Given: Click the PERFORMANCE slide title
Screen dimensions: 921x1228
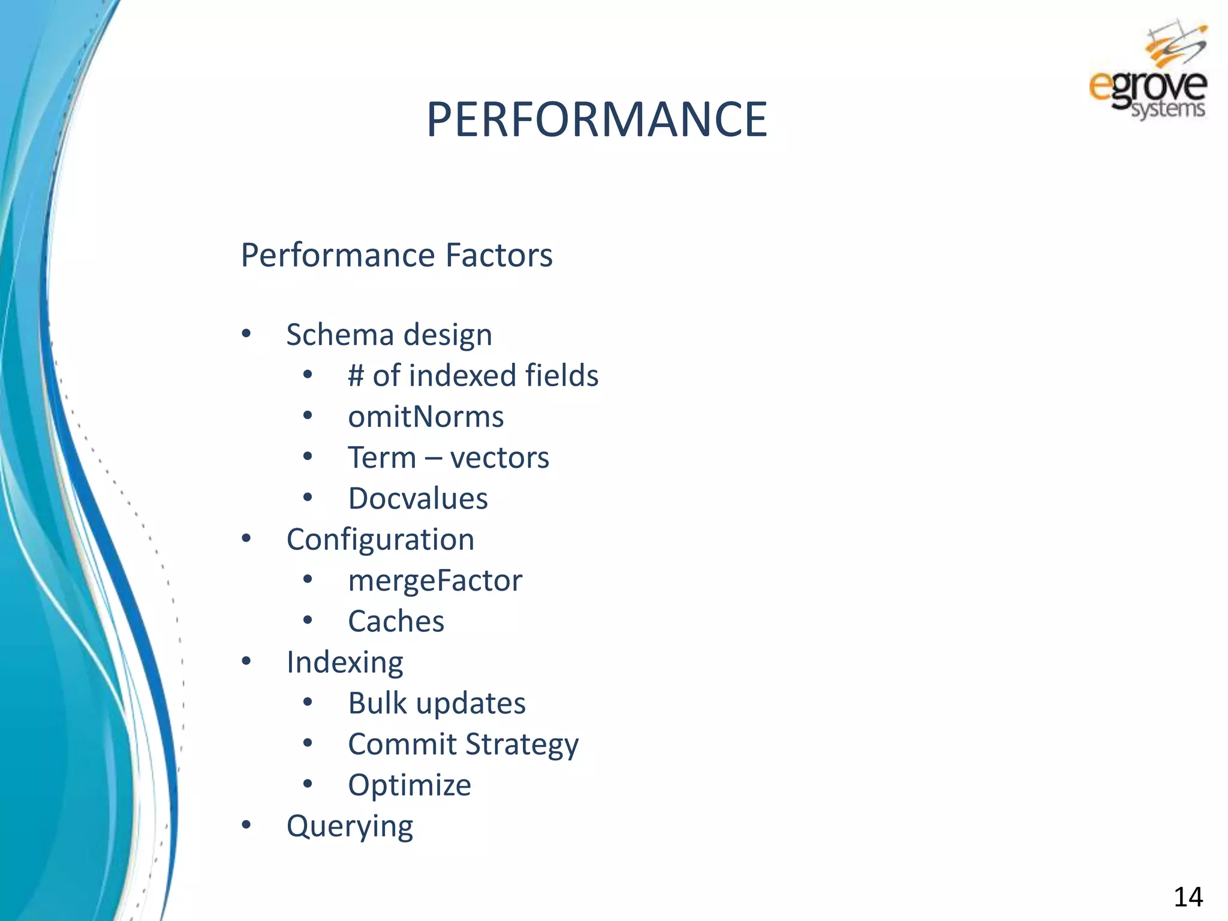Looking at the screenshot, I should click(x=597, y=119).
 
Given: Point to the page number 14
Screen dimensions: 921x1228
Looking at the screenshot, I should click(x=1187, y=897).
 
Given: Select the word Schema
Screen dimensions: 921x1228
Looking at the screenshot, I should click(x=340, y=335).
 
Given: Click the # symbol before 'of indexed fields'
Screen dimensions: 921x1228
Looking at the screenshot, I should click(x=356, y=376).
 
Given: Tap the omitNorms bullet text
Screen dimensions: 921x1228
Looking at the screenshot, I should click(x=426, y=417).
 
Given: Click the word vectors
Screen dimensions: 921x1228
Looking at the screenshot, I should click(x=499, y=458).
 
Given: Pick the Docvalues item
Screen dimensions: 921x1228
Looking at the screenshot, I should click(x=418, y=498).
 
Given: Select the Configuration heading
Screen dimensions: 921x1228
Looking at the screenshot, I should click(x=380, y=540).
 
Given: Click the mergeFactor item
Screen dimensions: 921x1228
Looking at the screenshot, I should click(x=435, y=580).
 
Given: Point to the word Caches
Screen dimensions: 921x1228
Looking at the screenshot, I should click(x=396, y=621).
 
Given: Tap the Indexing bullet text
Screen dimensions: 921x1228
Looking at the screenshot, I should click(x=345, y=663).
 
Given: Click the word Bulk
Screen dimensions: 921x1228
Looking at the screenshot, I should click(x=377, y=703).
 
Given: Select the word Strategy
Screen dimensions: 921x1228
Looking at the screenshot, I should click(x=522, y=745).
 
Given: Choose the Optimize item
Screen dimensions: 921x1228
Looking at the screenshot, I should click(x=410, y=785).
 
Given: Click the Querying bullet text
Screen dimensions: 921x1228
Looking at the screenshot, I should click(x=350, y=826).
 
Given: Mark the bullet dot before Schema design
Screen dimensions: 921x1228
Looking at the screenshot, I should click(x=246, y=334).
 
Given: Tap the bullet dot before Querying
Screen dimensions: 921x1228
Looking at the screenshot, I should click(x=246, y=826).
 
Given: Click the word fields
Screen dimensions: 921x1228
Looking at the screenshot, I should click(x=562, y=376).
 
